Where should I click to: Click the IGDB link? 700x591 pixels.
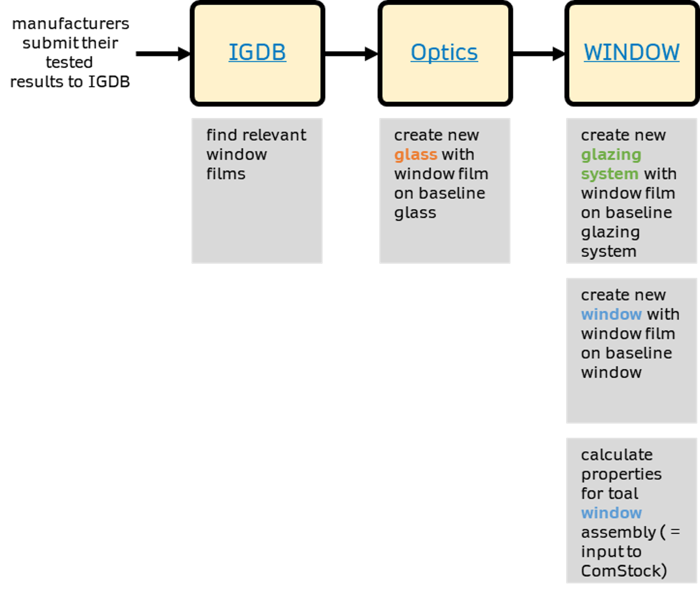[257, 52]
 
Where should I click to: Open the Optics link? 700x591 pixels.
[444, 53]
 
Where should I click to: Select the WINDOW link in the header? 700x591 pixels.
[631, 52]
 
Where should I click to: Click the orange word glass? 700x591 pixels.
[416, 155]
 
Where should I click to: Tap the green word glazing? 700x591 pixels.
[611, 155]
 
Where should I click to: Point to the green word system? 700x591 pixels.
[610, 174]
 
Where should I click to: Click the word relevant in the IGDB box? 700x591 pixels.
[274, 135]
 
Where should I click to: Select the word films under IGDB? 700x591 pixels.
[226, 174]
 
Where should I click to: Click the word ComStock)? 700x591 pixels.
[624, 571]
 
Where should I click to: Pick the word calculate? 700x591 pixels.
[617, 455]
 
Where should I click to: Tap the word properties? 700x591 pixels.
[621, 474]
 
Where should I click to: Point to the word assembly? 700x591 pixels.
[618, 532]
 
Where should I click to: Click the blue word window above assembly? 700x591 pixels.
[611, 513]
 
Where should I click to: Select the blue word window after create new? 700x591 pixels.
[611, 314]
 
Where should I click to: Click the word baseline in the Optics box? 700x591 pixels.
[452, 193]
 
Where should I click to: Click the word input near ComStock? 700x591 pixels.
[601, 552]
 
